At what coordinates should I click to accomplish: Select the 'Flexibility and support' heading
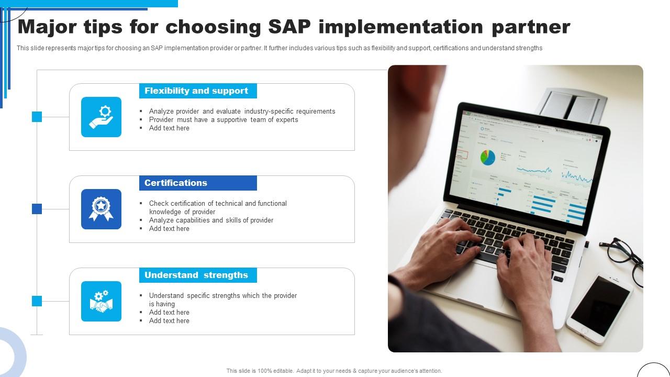tap(196, 91)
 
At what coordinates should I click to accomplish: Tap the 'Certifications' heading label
tap(176, 183)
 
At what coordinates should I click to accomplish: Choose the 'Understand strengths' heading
tap(196, 275)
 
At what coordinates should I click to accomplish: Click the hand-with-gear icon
tap(101, 117)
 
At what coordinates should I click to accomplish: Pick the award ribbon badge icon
tap(101, 209)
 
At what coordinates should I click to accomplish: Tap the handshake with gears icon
tap(101, 302)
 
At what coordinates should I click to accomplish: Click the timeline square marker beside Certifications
tap(37, 209)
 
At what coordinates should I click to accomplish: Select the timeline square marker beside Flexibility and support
tap(37, 117)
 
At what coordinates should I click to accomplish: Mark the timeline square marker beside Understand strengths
tap(37, 301)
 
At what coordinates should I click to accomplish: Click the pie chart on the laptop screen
tap(487, 157)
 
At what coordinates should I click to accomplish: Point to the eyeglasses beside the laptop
tap(623, 257)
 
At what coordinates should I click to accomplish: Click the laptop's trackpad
tap(461, 283)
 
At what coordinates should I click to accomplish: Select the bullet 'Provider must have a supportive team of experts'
tap(224, 120)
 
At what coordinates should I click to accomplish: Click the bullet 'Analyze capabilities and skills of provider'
tap(211, 220)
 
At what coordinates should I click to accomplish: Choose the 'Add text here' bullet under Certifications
tap(169, 229)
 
